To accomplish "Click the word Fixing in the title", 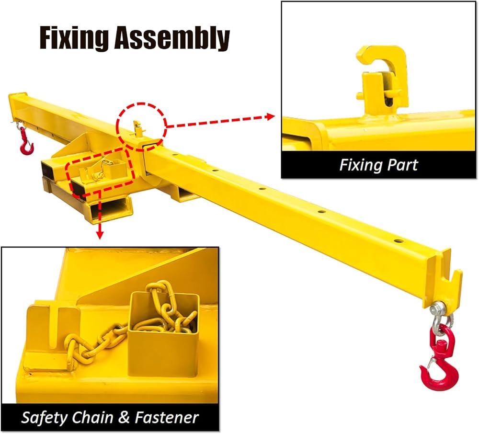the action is tap(74, 38).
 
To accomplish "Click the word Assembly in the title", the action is tap(172, 38).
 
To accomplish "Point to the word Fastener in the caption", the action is tap(167, 417).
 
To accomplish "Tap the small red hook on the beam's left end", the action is tap(26, 142).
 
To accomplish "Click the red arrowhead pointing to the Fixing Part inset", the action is tap(270, 117).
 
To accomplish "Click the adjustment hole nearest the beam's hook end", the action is tap(398, 241).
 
